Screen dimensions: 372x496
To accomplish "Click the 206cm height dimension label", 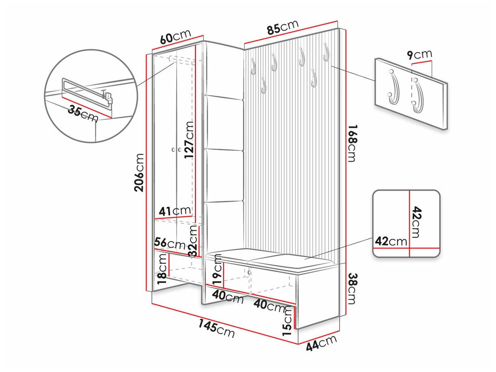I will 140,173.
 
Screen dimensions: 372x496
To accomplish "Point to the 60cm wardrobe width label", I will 175,37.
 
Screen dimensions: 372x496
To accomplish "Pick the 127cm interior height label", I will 189,140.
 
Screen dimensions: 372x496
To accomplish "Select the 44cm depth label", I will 322,343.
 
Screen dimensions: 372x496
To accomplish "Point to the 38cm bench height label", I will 352,288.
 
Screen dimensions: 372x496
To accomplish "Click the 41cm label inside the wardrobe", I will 175,211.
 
